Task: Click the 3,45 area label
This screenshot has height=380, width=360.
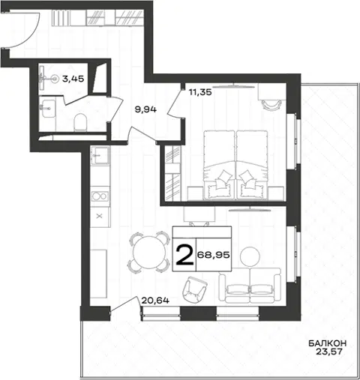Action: pos(73,79)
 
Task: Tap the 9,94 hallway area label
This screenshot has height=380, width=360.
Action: pos(145,109)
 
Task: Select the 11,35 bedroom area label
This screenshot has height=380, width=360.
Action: pos(200,92)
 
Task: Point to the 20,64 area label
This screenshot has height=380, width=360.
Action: pos(155,300)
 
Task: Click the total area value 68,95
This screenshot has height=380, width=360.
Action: pos(214,255)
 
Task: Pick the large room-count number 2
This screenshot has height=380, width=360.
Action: pos(184,255)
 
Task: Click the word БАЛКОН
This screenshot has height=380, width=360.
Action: pos(327,343)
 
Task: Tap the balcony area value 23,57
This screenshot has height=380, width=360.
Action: pos(329,352)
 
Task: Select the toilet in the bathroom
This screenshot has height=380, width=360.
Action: pos(80,122)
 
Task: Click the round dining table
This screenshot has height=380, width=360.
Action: pos(149,253)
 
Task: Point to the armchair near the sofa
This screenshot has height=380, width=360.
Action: pos(195,289)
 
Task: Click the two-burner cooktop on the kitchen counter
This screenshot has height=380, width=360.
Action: pos(100,196)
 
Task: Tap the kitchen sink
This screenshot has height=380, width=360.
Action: pos(100,155)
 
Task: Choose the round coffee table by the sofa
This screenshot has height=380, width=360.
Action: pos(250,256)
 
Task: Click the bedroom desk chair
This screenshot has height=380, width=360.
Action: pos(271,104)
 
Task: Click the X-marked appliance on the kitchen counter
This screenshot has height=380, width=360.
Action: pos(100,216)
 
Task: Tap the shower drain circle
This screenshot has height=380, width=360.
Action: pos(54,79)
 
